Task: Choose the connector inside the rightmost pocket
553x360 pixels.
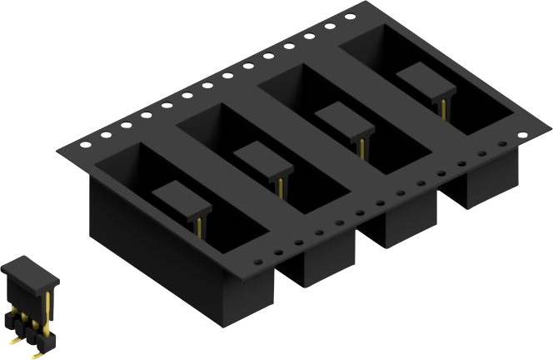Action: point(426,82)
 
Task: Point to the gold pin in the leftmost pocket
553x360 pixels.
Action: point(200,223)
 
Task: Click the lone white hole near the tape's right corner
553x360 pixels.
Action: point(522,135)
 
